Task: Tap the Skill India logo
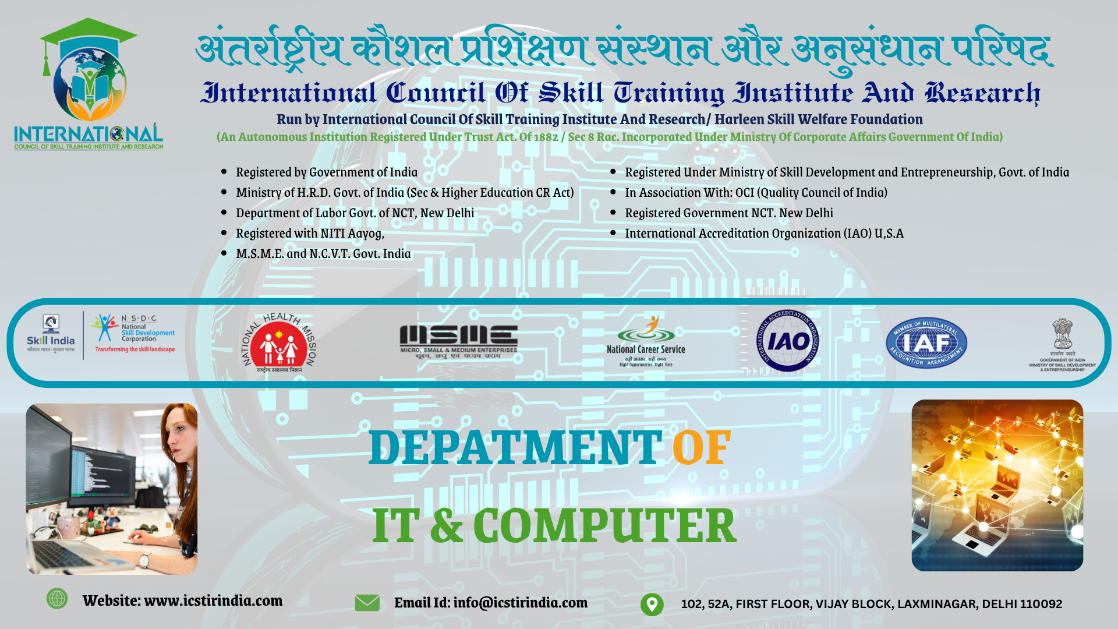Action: coord(51,335)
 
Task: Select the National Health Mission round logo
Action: coord(279,342)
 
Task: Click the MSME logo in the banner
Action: coord(458,341)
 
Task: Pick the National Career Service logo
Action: coord(646,341)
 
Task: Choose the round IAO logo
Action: coord(787,341)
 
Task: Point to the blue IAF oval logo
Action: coord(926,343)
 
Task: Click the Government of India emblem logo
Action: coord(1062,344)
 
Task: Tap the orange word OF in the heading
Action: coord(701,448)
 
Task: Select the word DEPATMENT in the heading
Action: coord(515,448)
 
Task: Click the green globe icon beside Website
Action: coord(57,598)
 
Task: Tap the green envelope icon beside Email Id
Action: coord(367,603)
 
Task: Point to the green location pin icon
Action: coord(652,604)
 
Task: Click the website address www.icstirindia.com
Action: coord(213,600)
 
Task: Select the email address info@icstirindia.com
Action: coord(520,603)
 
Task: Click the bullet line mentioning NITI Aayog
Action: coord(310,234)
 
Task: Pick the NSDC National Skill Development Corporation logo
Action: coord(135,334)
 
